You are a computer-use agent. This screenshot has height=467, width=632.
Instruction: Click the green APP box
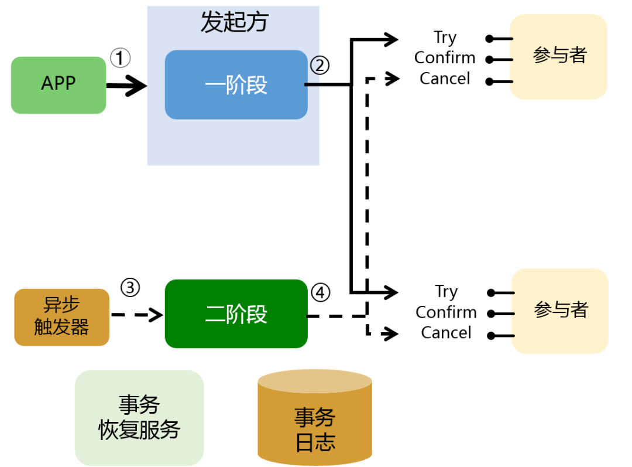[x=59, y=85]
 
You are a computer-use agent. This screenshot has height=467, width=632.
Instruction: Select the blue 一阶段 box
[x=236, y=85]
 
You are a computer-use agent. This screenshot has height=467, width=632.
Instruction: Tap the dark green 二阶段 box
[x=236, y=313]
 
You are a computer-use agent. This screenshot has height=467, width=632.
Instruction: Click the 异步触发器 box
[x=61, y=317]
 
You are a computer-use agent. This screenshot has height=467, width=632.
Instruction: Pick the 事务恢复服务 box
[x=139, y=418]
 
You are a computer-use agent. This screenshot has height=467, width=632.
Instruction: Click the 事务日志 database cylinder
[x=315, y=417]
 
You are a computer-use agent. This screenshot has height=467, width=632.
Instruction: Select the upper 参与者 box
[x=559, y=57]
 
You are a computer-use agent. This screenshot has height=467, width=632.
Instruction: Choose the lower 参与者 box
[x=560, y=311]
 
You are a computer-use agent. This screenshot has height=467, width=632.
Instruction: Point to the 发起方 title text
[x=234, y=22]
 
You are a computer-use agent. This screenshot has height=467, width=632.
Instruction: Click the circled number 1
[x=120, y=58]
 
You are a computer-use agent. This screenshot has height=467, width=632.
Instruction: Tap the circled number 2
[x=320, y=66]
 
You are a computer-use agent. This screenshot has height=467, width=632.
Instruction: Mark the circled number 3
[x=130, y=288]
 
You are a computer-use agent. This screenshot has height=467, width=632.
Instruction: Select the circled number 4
[x=321, y=292]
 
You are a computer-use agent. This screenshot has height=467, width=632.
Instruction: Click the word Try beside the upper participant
[x=445, y=38]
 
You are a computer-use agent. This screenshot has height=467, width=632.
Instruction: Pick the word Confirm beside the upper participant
[x=445, y=58]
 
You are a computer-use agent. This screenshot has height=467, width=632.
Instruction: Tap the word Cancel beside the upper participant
[x=445, y=79]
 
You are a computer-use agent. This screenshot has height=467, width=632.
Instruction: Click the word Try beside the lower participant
[x=446, y=292]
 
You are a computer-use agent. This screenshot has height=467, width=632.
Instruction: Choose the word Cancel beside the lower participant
[x=446, y=333]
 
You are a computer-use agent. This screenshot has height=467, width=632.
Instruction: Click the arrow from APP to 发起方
[x=126, y=86]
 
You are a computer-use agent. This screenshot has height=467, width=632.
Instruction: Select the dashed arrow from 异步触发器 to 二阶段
[x=137, y=315]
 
